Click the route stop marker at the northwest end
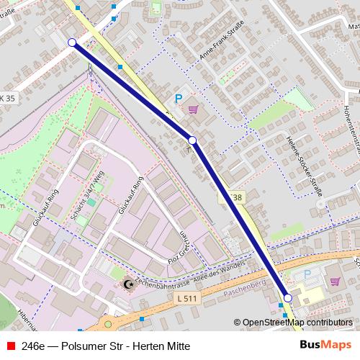tap(72, 43)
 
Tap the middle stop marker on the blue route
tap(192, 140)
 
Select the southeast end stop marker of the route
tap(287, 298)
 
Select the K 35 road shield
tap(7, 98)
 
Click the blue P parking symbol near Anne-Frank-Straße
tap(178, 99)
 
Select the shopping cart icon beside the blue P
tap(192, 109)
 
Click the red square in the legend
tap(8, 346)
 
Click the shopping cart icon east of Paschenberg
tap(336, 280)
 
